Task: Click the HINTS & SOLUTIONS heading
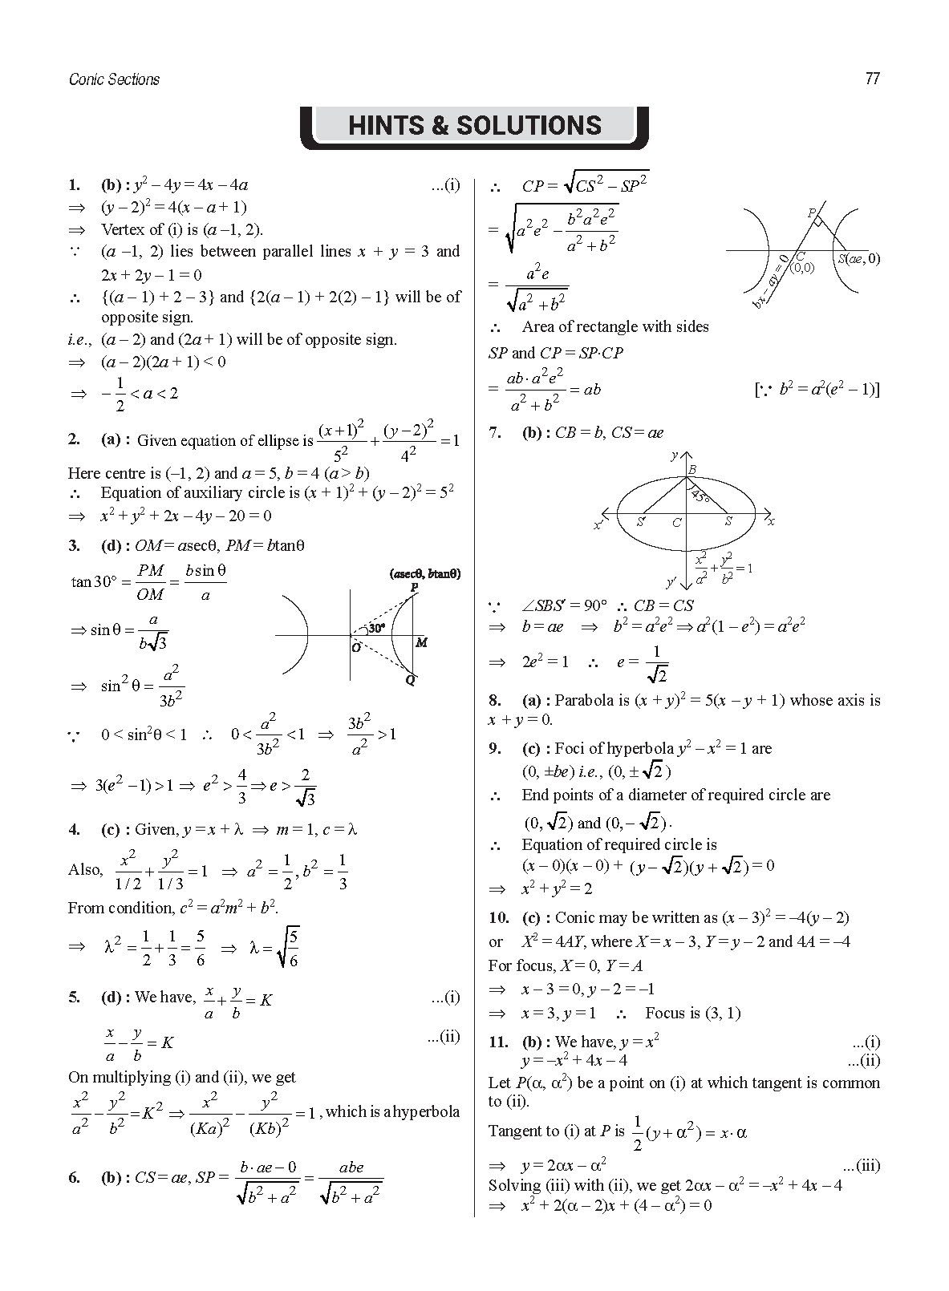[x=474, y=126]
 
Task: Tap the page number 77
[x=873, y=79]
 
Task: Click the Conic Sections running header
[x=114, y=79]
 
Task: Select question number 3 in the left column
[x=74, y=546]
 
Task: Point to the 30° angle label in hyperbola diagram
[x=376, y=628]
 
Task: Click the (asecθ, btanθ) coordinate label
[x=424, y=573]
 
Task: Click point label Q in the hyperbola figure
[x=410, y=680]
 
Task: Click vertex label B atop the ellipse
[x=692, y=469]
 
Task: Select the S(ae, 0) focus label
[x=858, y=258]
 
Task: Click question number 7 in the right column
[x=495, y=433]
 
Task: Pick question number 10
[x=498, y=917]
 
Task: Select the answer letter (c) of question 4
[x=111, y=829]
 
